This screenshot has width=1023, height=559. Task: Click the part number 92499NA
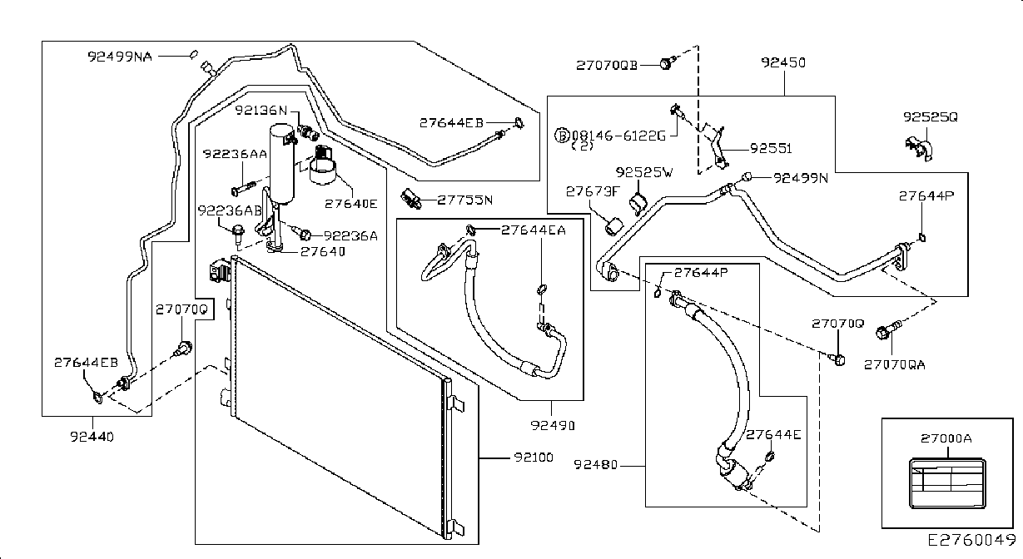120,57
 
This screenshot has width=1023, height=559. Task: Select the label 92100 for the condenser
534,457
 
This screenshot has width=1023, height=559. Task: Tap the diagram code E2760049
971,540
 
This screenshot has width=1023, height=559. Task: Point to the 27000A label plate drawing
947,483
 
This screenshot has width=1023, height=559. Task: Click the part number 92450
783,62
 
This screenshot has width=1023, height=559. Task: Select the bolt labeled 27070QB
668,63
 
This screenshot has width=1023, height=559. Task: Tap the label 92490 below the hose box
553,425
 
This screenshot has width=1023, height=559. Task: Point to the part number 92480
595,464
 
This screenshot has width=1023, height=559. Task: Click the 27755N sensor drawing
410,199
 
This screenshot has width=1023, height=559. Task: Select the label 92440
92,437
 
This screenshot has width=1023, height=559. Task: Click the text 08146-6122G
618,136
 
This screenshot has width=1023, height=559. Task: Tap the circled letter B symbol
562,136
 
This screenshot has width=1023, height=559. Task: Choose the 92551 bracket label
771,149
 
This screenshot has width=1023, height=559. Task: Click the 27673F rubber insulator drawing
613,226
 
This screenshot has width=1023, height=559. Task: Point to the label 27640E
350,204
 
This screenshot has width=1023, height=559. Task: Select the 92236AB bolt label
230,210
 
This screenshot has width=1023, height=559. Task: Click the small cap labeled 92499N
747,177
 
